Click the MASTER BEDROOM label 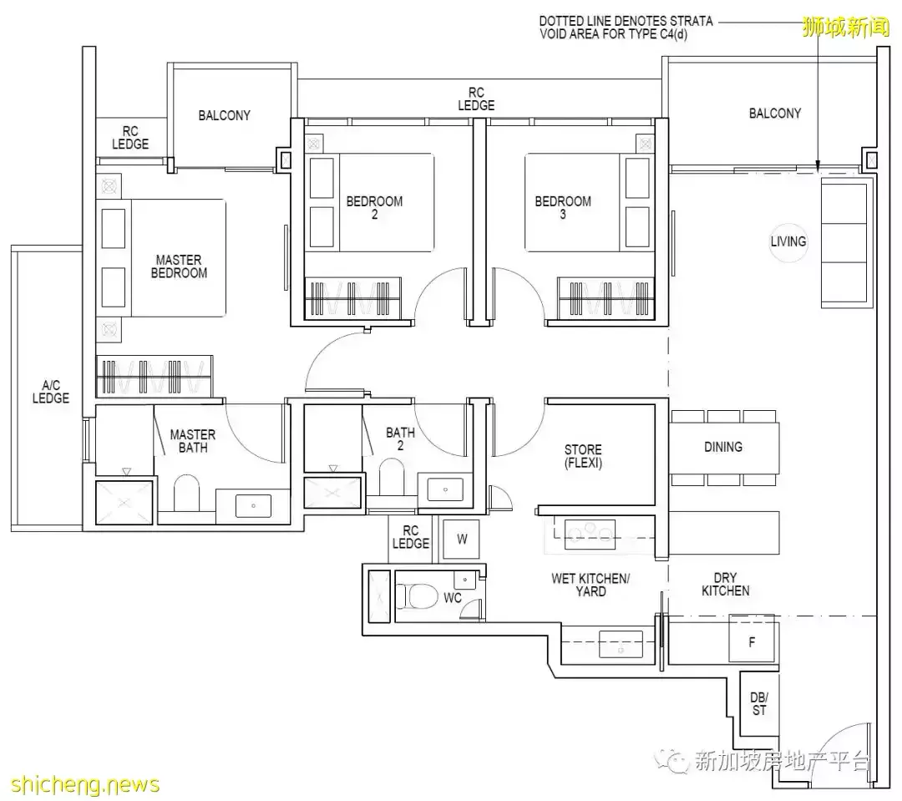pyautogui.click(x=179, y=266)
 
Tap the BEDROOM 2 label pyautogui.click(x=374, y=208)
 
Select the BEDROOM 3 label pyautogui.click(x=563, y=208)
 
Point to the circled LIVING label pyautogui.click(x=788, y=241)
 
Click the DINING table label pyautogui.click(x=723, y=447)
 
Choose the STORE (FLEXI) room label pyautogui.click(x=583, y=456)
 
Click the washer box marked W pyautogui.click(x=461, y=540)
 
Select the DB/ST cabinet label pyautogui.click(x=759, y=704)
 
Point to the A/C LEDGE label pyautogui.click(x=51, y=392)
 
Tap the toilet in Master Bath pyautogui.click(x=186, y=493)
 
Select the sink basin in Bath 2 pyautogui.click(x=446, y=489)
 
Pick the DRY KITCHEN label pyautogui.click(x=726, y=584)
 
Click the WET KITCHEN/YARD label pyautogui.click(x=590, y=585)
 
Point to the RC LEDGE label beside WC pyautogui.click(x=411, y=537)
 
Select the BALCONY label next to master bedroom pyautogui.click(x=225, y=115)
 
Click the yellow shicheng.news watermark pyautogui.click(x=85, y=785)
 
